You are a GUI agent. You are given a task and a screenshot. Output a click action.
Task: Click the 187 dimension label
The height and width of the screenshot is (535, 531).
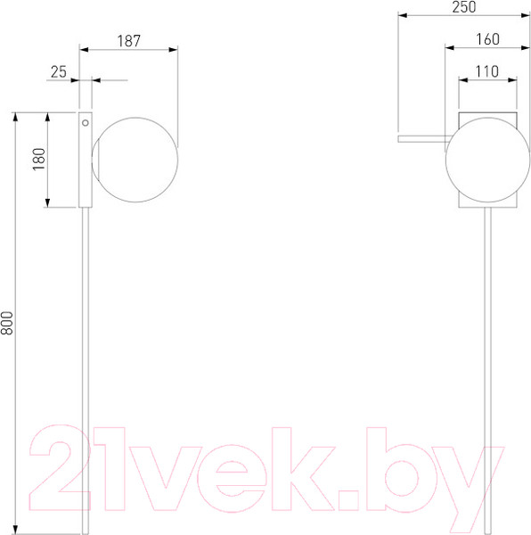(x=129, y=41)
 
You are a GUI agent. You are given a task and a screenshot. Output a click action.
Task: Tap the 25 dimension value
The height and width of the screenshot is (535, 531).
(x=59, y=72)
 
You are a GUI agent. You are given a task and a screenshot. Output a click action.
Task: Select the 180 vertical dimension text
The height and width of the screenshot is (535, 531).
(x=39, y=160)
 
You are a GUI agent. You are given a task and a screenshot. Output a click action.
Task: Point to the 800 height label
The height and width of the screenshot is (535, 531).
(x=7, y=323)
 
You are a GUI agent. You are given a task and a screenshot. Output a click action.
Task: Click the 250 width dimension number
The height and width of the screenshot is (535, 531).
(x=464, y=7)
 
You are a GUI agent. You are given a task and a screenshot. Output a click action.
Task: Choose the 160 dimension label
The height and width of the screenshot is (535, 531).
(x=487, y=39)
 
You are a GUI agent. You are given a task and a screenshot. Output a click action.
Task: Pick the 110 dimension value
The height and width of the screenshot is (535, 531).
(x=487, y=71)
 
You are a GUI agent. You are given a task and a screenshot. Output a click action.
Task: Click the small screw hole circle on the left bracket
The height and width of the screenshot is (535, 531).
(x=86, y=123)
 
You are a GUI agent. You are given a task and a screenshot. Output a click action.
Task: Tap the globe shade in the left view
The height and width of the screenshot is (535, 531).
(x=135, y=160)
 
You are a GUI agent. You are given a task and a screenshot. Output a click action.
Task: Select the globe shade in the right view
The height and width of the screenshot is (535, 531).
(x=487, y=160)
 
